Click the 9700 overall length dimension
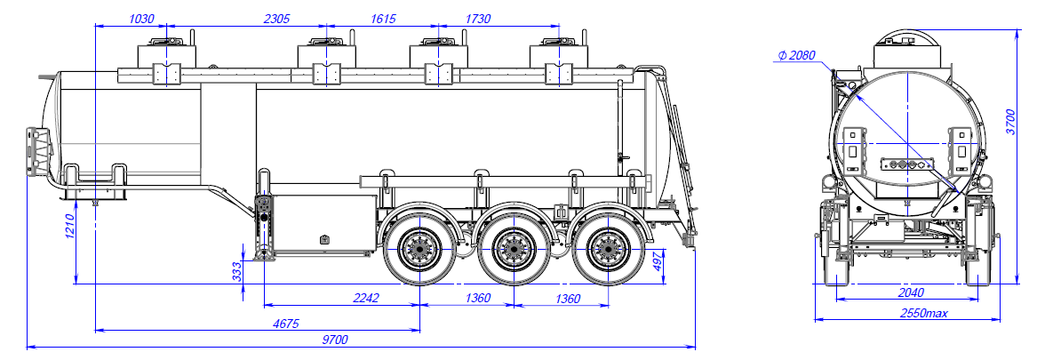point(335,339)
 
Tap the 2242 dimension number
point(366,298)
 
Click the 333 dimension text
point(237,269)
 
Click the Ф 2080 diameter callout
point(796,55)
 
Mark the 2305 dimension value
point(279,18)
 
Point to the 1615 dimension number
point(384,18)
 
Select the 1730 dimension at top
point(478,18)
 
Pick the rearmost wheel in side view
point(607,248)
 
